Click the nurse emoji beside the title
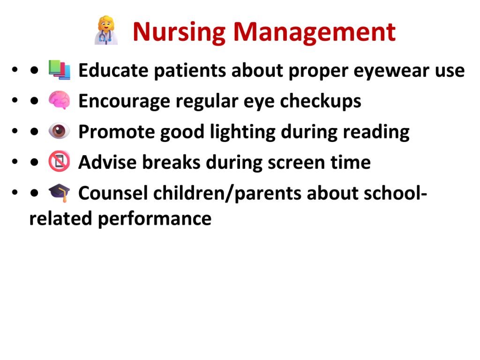106,30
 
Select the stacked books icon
60,70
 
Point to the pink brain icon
60,100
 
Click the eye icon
60,131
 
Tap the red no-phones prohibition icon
60,161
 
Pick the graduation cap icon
60,193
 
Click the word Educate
113,70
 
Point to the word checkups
321,102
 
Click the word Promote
117,132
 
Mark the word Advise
108,162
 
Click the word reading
376,132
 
